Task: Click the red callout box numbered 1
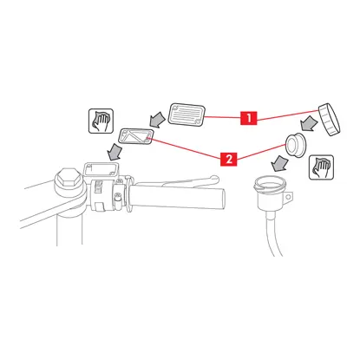click(x=248, y=117)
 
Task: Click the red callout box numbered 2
click(x=228, y=159)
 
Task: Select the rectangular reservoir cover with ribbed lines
click(x=187, y=115)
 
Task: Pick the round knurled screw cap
click(x=330, y=119)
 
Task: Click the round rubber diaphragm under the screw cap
click(x=295, y=146)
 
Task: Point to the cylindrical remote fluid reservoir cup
click(x=272, y=193)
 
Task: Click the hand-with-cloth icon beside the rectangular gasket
click(x=101, y=121)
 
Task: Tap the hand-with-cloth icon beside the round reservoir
click(x=321, y=167)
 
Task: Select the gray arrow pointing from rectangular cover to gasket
click(x=157, y=121)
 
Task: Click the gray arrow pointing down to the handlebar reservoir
click(x=115, y=152)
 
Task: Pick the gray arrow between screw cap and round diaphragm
click(x=308, y=123)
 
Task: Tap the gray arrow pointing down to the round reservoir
click(x=279, y=163)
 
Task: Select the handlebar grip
click(x=177, y=196)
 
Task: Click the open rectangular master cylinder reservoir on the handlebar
click(x=101, y=171)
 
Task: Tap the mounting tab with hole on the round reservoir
click(x=288, y=198)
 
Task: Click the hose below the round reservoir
click(x=272, y=233)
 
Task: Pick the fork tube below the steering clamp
click(x=69, y=230)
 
